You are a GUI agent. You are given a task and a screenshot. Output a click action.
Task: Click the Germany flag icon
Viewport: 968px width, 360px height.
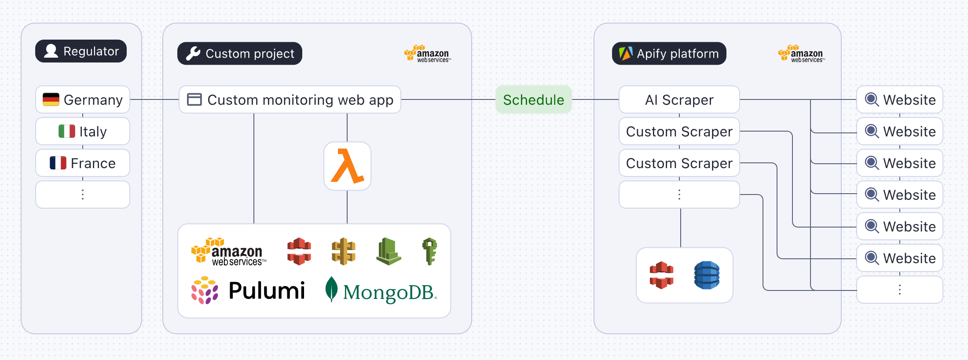[51, 99]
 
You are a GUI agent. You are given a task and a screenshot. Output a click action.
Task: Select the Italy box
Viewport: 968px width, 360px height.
[83, 131]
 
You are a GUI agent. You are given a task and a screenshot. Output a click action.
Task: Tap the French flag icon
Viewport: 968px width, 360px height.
[58, 163]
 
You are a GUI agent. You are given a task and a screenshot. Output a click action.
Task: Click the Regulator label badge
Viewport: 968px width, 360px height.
[81, 51]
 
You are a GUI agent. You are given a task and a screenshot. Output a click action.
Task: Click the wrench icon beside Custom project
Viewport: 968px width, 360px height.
[193, 54]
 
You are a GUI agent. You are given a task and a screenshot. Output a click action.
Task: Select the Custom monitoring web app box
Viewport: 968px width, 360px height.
[290, 99]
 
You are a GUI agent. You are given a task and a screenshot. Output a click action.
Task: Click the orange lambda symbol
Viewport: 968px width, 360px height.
[347, 166]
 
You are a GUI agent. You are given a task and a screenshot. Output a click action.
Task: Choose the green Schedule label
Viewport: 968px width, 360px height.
[533, 99]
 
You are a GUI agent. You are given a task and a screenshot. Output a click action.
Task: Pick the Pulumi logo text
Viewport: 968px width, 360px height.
[267, 291]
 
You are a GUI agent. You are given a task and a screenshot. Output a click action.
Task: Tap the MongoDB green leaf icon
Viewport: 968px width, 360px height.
[331, 289]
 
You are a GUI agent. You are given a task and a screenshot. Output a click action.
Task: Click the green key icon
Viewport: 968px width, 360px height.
[429, 251]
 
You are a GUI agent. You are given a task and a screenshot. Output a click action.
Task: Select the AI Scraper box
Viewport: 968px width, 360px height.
[679, 99]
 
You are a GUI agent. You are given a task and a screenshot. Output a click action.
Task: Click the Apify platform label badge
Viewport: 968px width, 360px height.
[669, 54]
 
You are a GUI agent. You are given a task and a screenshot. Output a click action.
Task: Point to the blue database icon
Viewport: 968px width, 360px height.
[707, 275]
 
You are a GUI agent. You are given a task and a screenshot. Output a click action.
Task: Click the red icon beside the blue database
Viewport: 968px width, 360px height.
[661, 275]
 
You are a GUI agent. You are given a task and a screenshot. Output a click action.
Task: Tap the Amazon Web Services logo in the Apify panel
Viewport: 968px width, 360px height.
[802, 54]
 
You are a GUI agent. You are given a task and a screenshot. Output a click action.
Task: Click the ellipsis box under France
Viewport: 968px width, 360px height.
[83, 195]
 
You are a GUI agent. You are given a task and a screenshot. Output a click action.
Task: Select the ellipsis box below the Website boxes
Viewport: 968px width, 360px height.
[899, 290]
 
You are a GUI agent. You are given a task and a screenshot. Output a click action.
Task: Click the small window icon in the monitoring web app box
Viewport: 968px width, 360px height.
[194, 99]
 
